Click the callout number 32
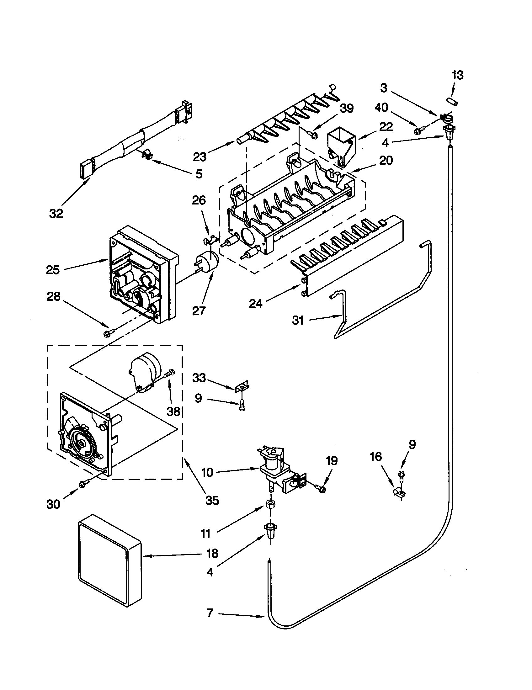[x=56, y=214]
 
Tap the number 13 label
[x=457, y=75]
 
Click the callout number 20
[x=386, y=161]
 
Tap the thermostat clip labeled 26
[x=210, y=241]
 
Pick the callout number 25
[x=53, y=270]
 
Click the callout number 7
[x=210, y=613]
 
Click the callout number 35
[x=212, y=501]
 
